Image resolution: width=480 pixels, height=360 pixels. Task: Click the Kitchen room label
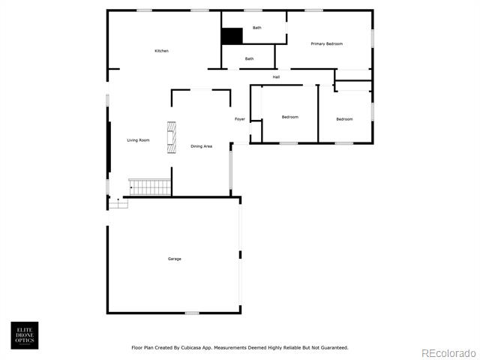pyautogui.click(x=162, y=51)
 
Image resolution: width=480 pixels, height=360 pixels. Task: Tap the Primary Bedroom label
pyautogui.click(x=327, y=43)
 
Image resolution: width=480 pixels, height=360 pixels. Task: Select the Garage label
pyautogui.click(x=175, y=259)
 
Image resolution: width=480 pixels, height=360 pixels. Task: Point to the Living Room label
pyautogui.click(x=138, y=140)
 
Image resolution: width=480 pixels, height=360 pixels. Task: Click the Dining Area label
pyautogui.click(x=202, y=146)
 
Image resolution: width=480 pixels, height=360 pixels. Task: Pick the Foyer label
pyautogui.click(x=240, y=119)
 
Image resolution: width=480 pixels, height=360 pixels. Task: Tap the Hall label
pyautogui.click(x=276, y=77)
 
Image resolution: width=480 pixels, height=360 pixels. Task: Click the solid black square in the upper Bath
pyautogui.click(x=232, y=36)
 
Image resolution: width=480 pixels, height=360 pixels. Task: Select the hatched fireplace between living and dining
pyautogui.click(x=172, y=137)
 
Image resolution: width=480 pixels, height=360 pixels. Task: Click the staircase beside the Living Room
pyautogui.click(x=150, y=187)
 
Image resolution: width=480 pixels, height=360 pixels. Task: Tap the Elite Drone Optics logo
pyautogui.click(x=25, y=335)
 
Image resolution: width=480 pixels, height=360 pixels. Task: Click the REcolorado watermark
pyautogui.click(x=448, y=353)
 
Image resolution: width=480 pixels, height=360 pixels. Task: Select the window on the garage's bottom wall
pyautogui.click(x=192, y=313)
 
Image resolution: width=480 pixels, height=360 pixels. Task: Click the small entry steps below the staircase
pyautogui.click(x=118, y=203)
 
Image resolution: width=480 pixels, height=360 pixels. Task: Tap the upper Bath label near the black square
pyautogui.click(x=257, y=28)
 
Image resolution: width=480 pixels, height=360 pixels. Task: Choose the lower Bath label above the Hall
pyautogui.click(x=250, y=58)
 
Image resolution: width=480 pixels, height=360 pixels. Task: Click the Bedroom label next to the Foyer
pyautogui.click(x=290, y=117)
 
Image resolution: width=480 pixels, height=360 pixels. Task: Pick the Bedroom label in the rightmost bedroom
pyautogui.click(x=345, y=119)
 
